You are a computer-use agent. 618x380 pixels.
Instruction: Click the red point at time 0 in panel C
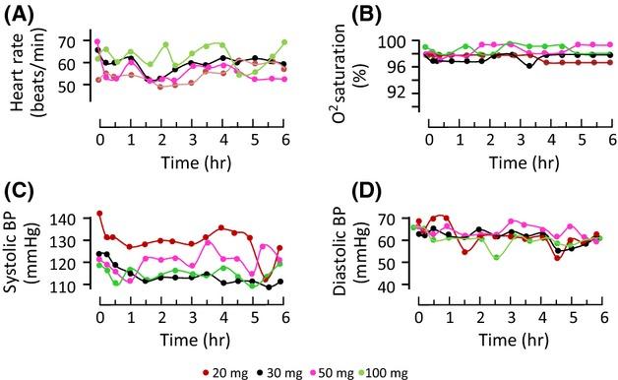99,214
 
